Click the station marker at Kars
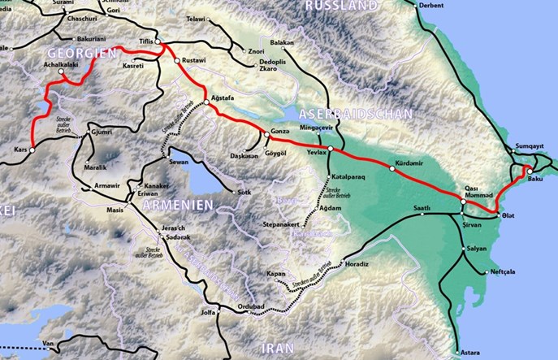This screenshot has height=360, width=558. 33,150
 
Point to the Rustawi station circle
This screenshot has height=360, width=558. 177,61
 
